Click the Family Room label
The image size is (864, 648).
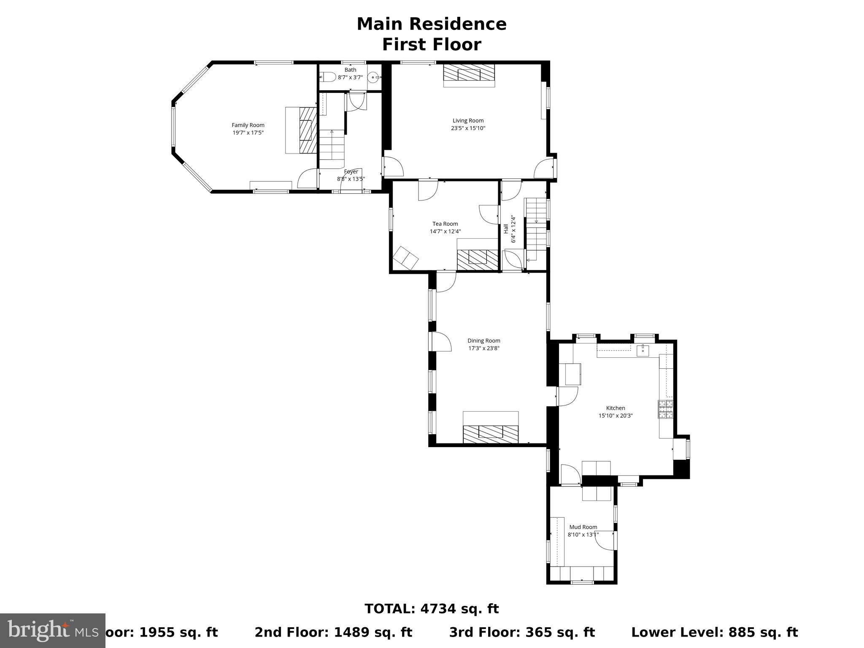pos(248,125)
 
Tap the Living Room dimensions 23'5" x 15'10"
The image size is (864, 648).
pos(468,128)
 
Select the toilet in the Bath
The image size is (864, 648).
pos(328,77)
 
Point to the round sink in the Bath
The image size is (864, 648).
pos(373,78)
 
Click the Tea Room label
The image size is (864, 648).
pos(445,224)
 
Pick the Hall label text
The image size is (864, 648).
pos(506,229)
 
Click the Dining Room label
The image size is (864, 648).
pos(483,341)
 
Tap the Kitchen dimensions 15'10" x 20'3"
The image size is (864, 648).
pos(616,416)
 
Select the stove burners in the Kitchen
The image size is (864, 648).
pos(666,409)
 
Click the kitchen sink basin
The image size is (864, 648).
pos(643,351)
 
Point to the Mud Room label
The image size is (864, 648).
pos(583,527)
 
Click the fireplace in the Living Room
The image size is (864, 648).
pos(469,75)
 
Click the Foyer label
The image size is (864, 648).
pos(351,172)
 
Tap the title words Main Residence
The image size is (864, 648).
pos(432,24)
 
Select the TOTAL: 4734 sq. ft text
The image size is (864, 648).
pos(432,609)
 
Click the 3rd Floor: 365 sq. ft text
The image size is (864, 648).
pos(522,632)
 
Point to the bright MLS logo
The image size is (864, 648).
pos(53,630)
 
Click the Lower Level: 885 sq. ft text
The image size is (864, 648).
pos(714,632)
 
